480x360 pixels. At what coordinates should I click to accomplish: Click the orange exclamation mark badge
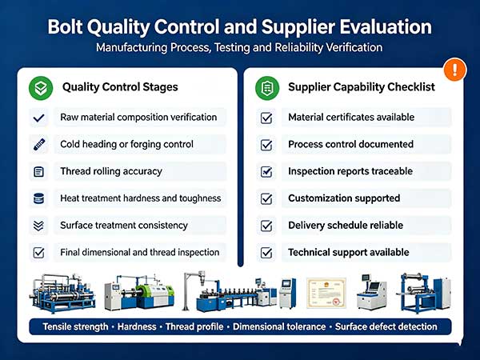[455, 70]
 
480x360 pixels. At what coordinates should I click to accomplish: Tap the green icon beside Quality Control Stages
[41, 88]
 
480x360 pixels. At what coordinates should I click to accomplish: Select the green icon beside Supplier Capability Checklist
[267, 88]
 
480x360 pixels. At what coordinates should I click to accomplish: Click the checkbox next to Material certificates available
[266, 118]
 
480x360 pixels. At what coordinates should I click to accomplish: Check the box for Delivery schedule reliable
[266, 226]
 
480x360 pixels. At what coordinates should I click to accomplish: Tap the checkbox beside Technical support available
[266, 253]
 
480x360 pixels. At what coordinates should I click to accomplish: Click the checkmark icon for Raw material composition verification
[38, 118]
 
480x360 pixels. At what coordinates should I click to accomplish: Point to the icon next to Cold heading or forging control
[39, 145]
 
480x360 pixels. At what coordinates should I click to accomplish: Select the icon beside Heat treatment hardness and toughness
[38, 198]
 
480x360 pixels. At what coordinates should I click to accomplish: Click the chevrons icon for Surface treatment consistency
[38, 226]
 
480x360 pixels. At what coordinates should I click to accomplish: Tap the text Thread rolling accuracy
[111, 171]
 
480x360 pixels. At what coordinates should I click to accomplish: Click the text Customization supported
[344, 198]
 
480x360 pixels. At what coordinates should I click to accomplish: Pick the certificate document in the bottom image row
[326, 293]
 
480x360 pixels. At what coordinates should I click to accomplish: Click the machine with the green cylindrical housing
[139, 294]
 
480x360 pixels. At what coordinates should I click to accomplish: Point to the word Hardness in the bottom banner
[137, 326]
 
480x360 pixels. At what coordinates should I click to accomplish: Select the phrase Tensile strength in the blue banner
[76, 327]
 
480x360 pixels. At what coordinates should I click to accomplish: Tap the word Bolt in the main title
[65, 26]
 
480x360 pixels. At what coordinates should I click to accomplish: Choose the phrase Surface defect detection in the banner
[386, 326]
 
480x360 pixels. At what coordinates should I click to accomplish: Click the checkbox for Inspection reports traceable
[266, 172]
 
